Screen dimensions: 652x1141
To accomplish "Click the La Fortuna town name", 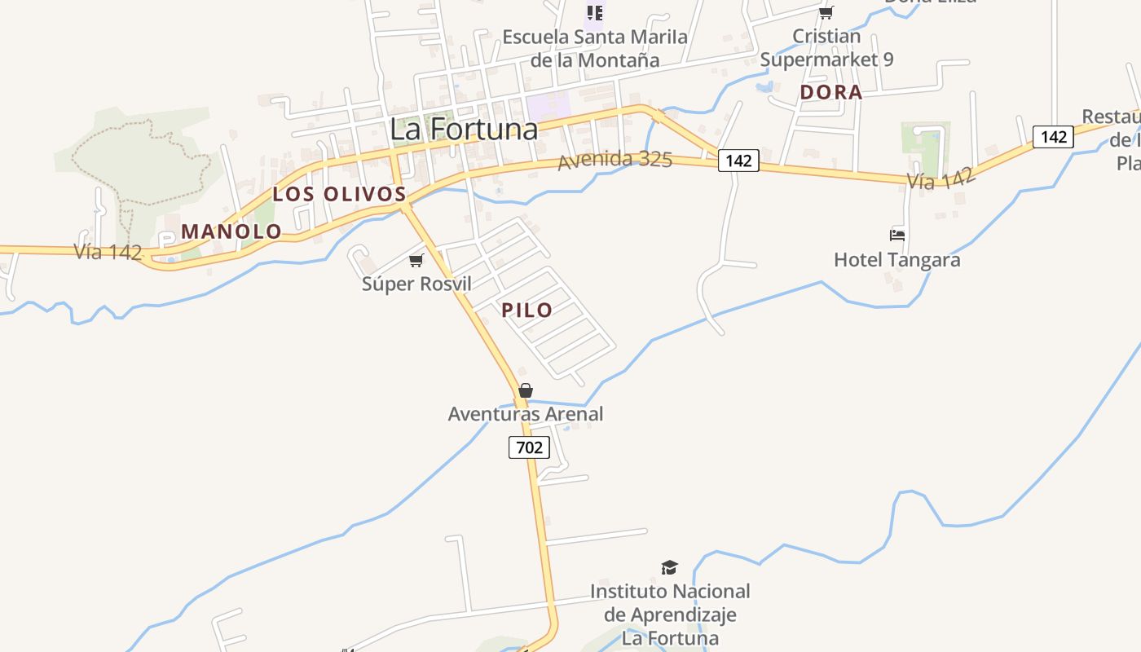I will (x=464, y=129).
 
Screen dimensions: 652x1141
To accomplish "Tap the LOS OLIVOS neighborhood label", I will (x=339, y=194).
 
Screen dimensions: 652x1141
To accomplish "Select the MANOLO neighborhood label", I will (x=231, y=231).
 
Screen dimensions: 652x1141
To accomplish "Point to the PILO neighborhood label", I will (x=527, y=310).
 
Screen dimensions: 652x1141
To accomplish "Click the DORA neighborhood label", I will (x=830, y=92).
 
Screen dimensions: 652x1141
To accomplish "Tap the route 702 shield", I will (x=529, y=447).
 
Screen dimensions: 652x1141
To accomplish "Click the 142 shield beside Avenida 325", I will (x=738, y=161).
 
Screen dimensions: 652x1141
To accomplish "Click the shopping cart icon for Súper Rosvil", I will (x=416, y=260).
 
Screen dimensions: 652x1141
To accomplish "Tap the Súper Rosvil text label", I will (x=416, y=284).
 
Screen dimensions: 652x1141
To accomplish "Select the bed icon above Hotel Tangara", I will (x=897, y=236).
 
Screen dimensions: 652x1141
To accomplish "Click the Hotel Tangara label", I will (x=896, y=260).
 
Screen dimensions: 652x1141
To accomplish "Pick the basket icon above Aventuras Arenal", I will (x=526, y=390).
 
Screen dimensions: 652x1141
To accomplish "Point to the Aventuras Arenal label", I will (x=526, y=414).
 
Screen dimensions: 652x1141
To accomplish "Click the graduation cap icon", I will (x=669, y=567).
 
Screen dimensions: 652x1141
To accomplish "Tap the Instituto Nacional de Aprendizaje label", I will (x=670, y=614).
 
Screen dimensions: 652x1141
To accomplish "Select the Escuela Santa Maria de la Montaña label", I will (x=595, y=48).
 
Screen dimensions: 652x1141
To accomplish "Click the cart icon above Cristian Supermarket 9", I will (x=826, y=12).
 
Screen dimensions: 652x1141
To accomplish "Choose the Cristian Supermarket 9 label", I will (x=826, y=48).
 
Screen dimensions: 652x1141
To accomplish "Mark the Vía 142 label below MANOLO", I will (x=108, y=252).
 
